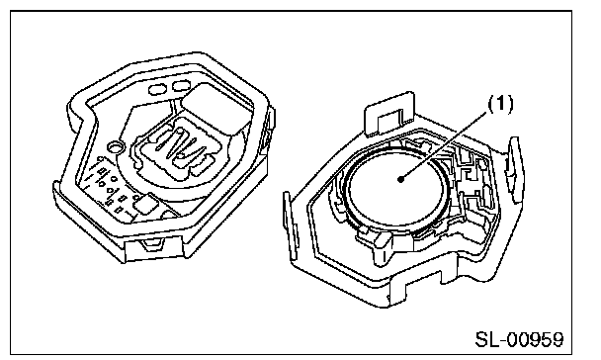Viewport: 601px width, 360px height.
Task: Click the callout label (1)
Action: click(x=500, y=104)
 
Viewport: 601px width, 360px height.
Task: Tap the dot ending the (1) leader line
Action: click(x=401, y=179)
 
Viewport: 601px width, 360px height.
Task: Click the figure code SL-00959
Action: click(x=519, y=339)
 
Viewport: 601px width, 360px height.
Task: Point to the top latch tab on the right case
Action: click(x=389, y=114)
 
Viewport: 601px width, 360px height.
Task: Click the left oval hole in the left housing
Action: click(x=158, y=89)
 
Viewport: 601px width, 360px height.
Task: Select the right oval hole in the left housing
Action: click(x=181, y=85)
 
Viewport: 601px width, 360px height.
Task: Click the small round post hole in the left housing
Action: click(x=115, y=146)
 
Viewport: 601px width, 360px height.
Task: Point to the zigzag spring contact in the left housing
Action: click(x=180, y=146)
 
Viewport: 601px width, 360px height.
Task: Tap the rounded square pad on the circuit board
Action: click(x=145, y=205)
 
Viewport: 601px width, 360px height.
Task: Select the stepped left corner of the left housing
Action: click(x=78, y=113)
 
